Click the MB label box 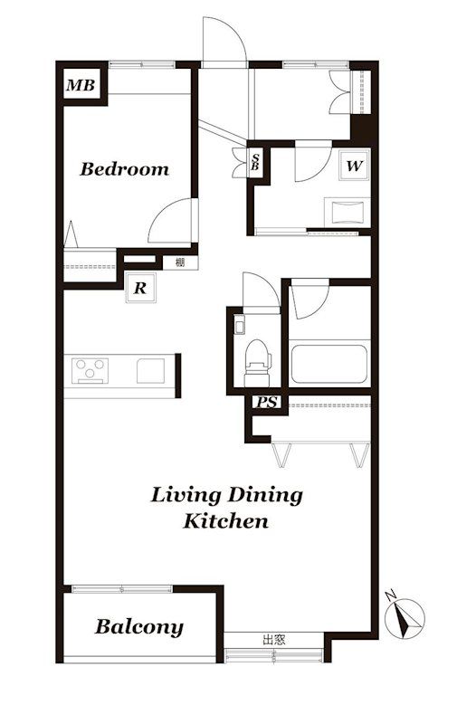coord(81,85)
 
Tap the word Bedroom coord(125,169)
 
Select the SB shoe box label coord(255,162)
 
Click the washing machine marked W coord(354,166)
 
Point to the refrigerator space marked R coord(140,288)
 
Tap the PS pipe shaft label coord(267,403)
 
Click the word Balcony coord(139,627)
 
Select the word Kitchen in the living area coord(225,522)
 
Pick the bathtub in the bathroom coord(329,364)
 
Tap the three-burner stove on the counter coord(90,371)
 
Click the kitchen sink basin coord(151,371)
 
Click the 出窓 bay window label coord(274,640)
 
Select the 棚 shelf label coord(180,262)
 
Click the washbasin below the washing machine coord(347,213)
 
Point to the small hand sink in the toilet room coord(239,325)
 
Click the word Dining coord(266,496)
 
